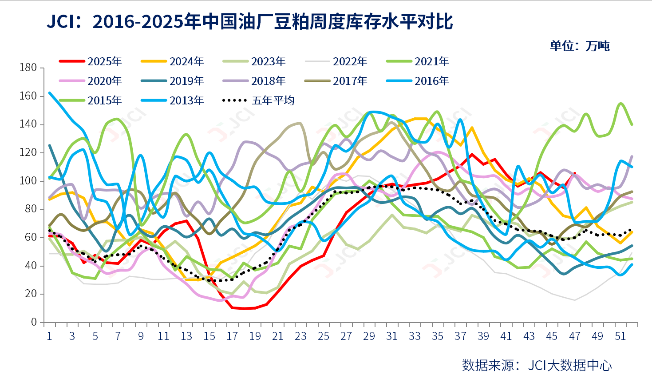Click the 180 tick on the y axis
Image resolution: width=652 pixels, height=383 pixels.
[x=28, y=68]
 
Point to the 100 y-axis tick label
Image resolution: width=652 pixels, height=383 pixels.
[x=28, y=181]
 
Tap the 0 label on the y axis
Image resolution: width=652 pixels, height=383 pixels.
[x=34, y=322]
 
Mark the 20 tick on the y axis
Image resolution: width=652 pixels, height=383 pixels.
[x=31, y=294]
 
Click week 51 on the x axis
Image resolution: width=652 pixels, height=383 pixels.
[x=620, y=336]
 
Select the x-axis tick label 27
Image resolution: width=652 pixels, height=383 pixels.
[x=346, y=336]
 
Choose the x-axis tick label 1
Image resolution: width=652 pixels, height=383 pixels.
[x=49, y=336]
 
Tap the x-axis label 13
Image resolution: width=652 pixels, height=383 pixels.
[x=186, y=336]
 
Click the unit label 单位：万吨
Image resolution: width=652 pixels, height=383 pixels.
[x=580, y=46]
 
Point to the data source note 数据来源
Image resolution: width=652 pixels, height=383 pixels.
[x=488, y=365]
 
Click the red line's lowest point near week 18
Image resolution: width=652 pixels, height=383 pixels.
[x=244, y=308]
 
